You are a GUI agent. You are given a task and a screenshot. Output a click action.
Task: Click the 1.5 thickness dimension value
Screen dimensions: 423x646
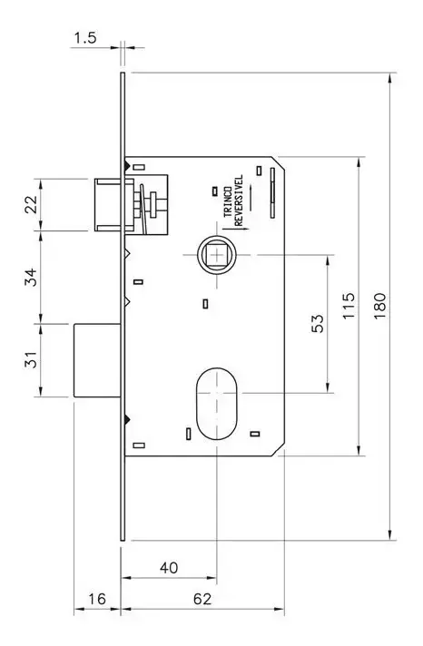point(85,38)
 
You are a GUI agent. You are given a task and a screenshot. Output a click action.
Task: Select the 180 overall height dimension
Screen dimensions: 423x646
point(379,305)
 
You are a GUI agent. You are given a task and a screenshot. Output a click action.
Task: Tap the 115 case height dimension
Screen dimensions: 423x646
point(349,305)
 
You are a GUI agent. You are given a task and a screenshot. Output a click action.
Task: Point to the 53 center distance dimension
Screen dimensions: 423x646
point(318,323)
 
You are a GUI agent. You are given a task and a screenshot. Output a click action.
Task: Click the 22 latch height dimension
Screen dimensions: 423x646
point(31,204)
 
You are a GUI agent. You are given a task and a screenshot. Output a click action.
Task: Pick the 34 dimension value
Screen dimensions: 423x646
point(31,277)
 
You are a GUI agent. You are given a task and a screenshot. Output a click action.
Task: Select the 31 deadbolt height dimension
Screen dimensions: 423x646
point(31,359)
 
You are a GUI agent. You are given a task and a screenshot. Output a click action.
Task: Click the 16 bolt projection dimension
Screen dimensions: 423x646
point(96,599)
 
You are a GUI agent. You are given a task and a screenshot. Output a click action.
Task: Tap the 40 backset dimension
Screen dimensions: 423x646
point(169,568)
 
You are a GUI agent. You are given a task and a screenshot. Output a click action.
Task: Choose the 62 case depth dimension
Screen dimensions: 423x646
point(202,599)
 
